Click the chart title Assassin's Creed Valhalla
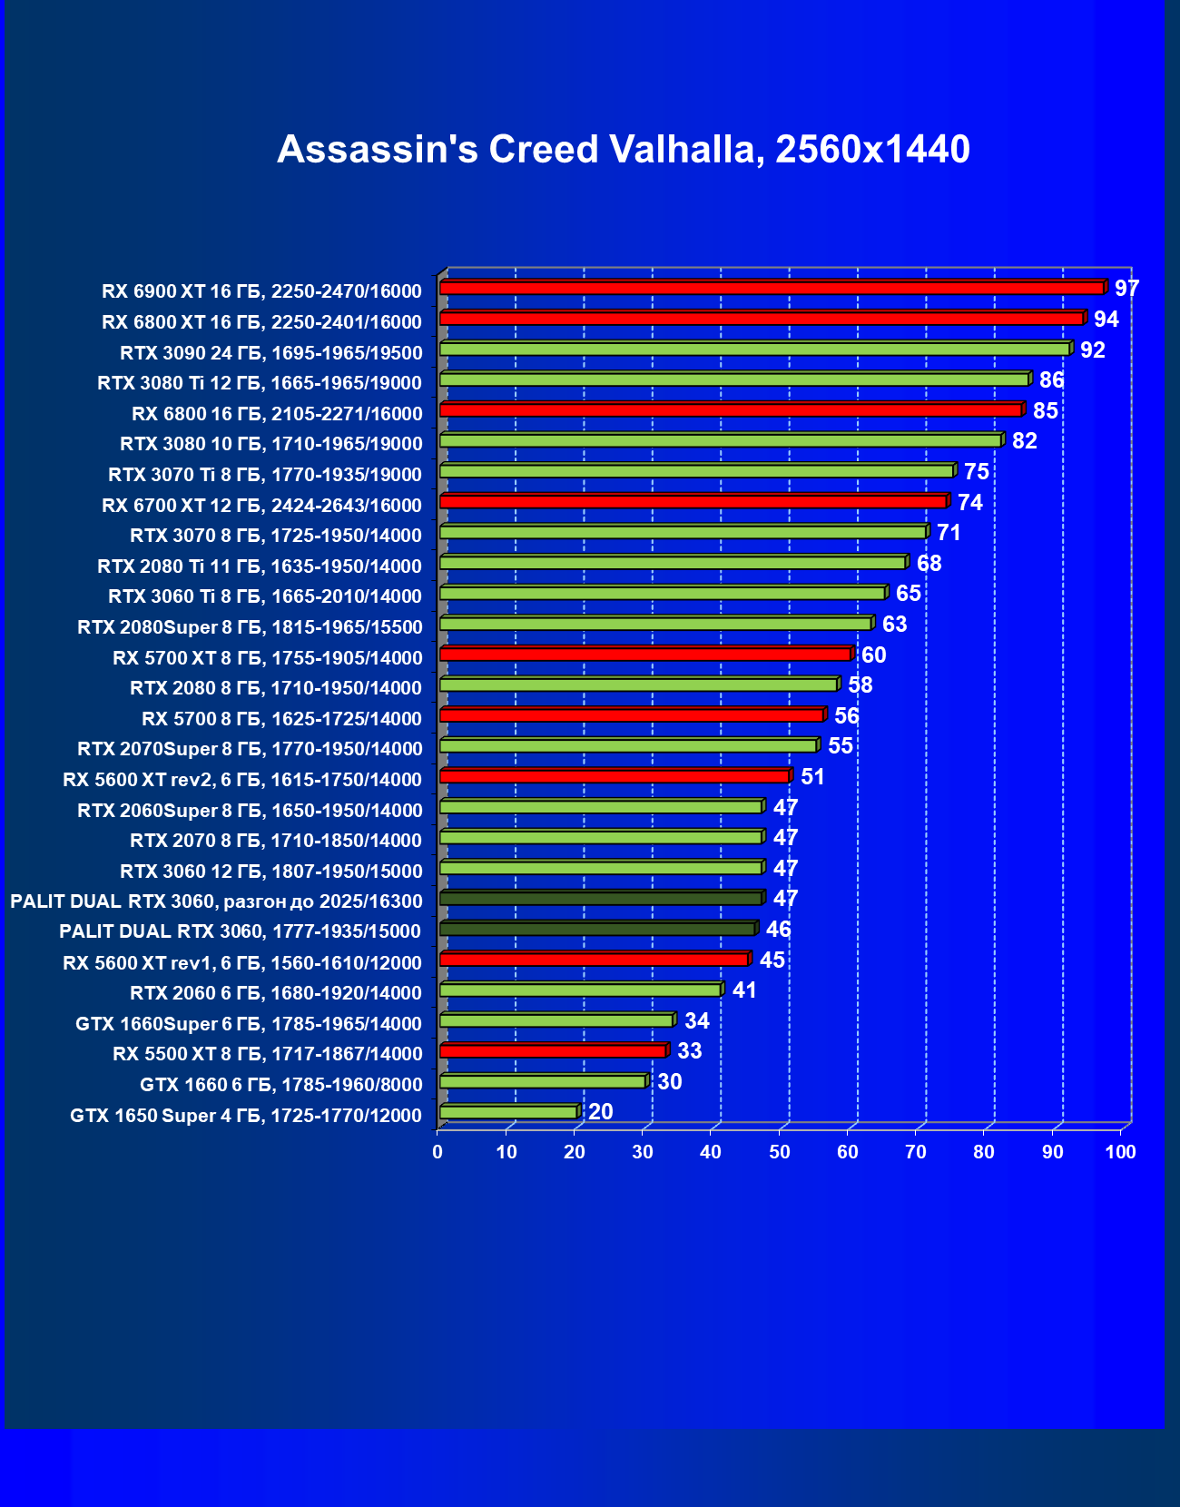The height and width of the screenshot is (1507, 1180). pyautogui.click(x=623, y=150)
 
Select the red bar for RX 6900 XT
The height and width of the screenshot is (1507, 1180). pyautogui.click(x=772, y=289)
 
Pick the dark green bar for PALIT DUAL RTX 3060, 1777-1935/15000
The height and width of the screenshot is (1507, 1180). pyautogui.click(x=597, y=929)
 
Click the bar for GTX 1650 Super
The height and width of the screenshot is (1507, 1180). pyautogui.click(x=508, y=1112)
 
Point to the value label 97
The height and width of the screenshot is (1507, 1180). pyautogui.click(x=1126, y=289)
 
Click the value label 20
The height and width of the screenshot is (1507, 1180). pyautogui.click(x=600, y=1112)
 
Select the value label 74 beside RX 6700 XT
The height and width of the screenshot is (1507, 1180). pyautogui.click(x=969, y=502)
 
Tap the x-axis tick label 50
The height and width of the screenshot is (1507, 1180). pyautogui.click(x=779, y=1152)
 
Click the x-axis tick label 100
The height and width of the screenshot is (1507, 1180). pyautogui.click(x=1120, y=1152)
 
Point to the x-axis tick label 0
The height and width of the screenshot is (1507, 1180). pyautogui.click(x=438, y=1152)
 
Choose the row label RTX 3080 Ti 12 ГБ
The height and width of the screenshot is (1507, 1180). pyautogui.click(x=260, y=383)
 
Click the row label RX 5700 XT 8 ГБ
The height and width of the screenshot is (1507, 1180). pyautogui.click(x=268, y=658)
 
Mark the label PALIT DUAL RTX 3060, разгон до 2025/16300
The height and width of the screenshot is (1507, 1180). pyautogui.click(x=216, y=901)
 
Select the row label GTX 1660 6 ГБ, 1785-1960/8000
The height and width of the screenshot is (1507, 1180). pyautogui.click(x=281, y=1085)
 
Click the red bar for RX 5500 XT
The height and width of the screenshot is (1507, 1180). pyautogui.click(x=553, y=1051)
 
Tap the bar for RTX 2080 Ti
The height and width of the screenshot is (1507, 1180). pyautogui.click(x=673, y=563)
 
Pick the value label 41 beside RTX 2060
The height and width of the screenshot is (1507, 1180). pyautogui.click(x=744, y=990)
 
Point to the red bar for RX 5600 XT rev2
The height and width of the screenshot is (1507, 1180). pyautogui.click(x=615, y=776)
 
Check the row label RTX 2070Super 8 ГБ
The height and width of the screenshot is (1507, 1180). pyautogui.click(x=250, y=749)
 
